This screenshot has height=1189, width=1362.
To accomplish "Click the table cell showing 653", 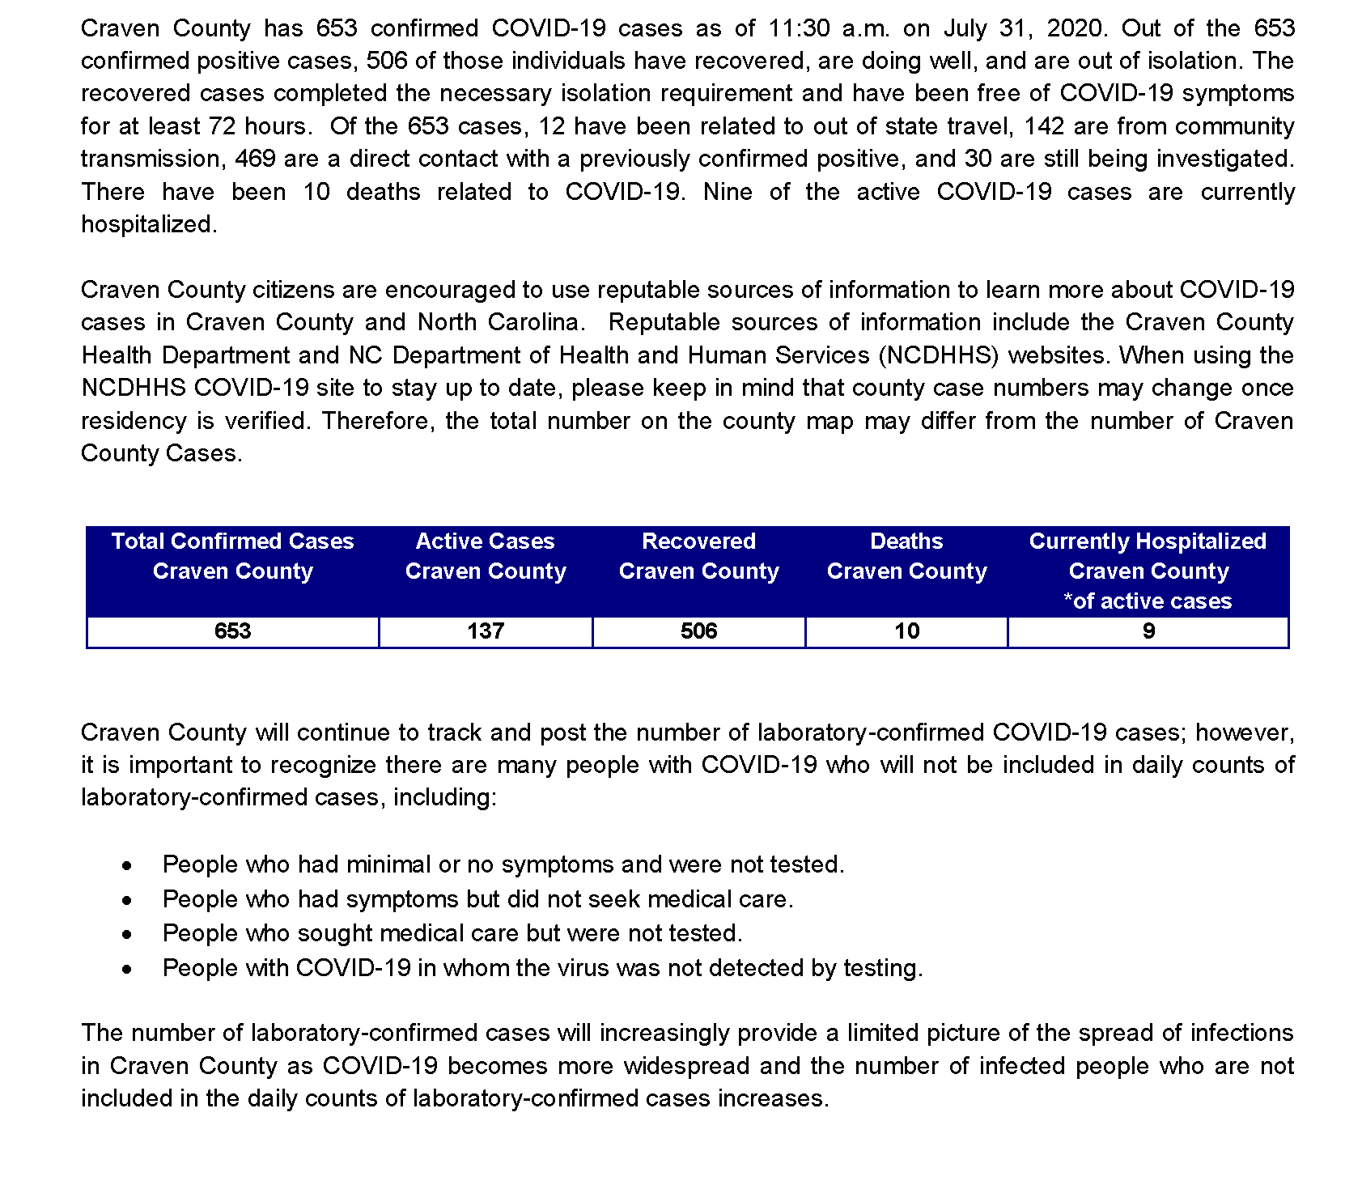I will tap(232, 631).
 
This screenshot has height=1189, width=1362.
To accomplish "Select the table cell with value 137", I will tap(486, 631).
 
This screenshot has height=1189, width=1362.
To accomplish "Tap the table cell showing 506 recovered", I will tap(698, 631).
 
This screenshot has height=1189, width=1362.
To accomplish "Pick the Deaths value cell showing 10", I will tap(906, 631).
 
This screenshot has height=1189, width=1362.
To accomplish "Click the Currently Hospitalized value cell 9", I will tap(1148, 631).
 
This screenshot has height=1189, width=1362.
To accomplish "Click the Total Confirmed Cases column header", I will tap(232, 556).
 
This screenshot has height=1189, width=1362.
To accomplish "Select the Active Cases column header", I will tap(486, 556).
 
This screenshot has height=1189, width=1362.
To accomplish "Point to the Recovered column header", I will tap(698, 556).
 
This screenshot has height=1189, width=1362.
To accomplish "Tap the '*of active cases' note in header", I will tap(1148, 601).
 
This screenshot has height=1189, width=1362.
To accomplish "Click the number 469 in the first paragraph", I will tap(256, 159).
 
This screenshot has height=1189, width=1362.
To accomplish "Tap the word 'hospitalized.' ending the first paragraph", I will tap(149, 224).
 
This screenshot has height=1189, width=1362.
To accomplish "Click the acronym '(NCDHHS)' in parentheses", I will tap(936, 355).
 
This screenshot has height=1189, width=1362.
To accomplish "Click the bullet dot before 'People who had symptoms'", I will tap(127, 900).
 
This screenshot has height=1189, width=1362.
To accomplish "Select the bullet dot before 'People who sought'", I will tap(127, 934).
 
